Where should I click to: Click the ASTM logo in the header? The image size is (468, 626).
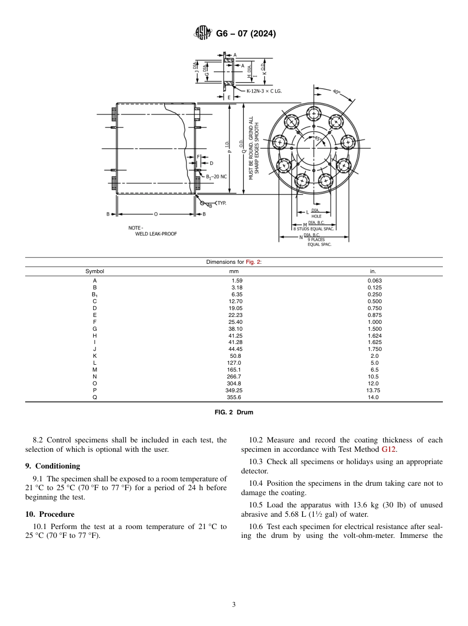(x=203, y=33)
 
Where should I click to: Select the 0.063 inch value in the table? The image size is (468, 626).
(x=374, y=281)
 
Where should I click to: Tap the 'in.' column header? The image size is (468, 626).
(x=373, y=271)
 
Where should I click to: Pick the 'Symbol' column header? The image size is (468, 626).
(x=95, y=271)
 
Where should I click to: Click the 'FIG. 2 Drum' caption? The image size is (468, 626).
(x=234, y=412)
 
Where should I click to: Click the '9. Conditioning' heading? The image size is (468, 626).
(x=53, y=466)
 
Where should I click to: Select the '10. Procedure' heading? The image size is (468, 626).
(x=50, y=514)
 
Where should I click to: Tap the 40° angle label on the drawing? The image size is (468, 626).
(x=336, y=92)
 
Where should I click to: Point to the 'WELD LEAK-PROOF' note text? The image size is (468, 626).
(x=156, y=234)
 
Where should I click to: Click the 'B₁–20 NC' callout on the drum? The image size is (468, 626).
(x=216, y=176)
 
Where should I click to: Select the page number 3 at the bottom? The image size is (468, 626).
(x=234, y=605)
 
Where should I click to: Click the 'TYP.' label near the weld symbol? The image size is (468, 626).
(x=222, y=203)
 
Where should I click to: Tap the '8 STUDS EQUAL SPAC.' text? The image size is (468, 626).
(x=314, y=229)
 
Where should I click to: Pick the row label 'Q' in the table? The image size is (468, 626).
(x=95, y=397)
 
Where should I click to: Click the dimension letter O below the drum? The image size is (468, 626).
(x=156, y=214)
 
